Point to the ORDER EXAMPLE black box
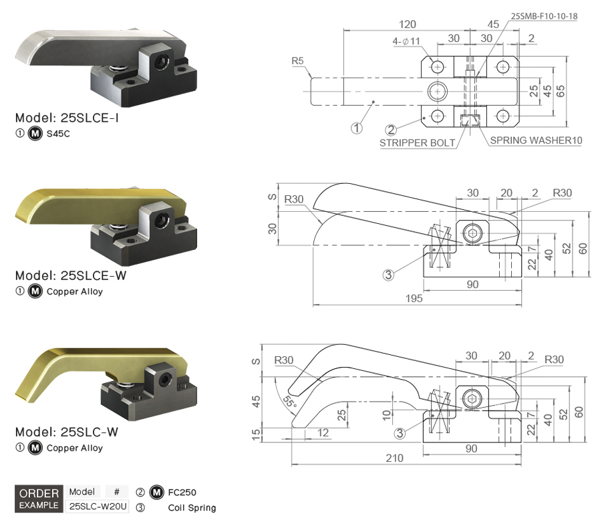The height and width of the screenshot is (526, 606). (x=38, y=499)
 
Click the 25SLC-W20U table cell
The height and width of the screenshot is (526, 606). (x=98, y=506)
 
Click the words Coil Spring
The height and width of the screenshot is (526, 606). (x=192, y=508)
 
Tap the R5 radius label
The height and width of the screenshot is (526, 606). (x=298, y=61)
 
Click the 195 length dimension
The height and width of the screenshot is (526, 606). (x=414, y=298)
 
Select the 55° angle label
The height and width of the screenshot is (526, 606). (x=289, y=402)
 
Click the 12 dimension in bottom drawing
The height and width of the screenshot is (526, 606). (x=323, y=433)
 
